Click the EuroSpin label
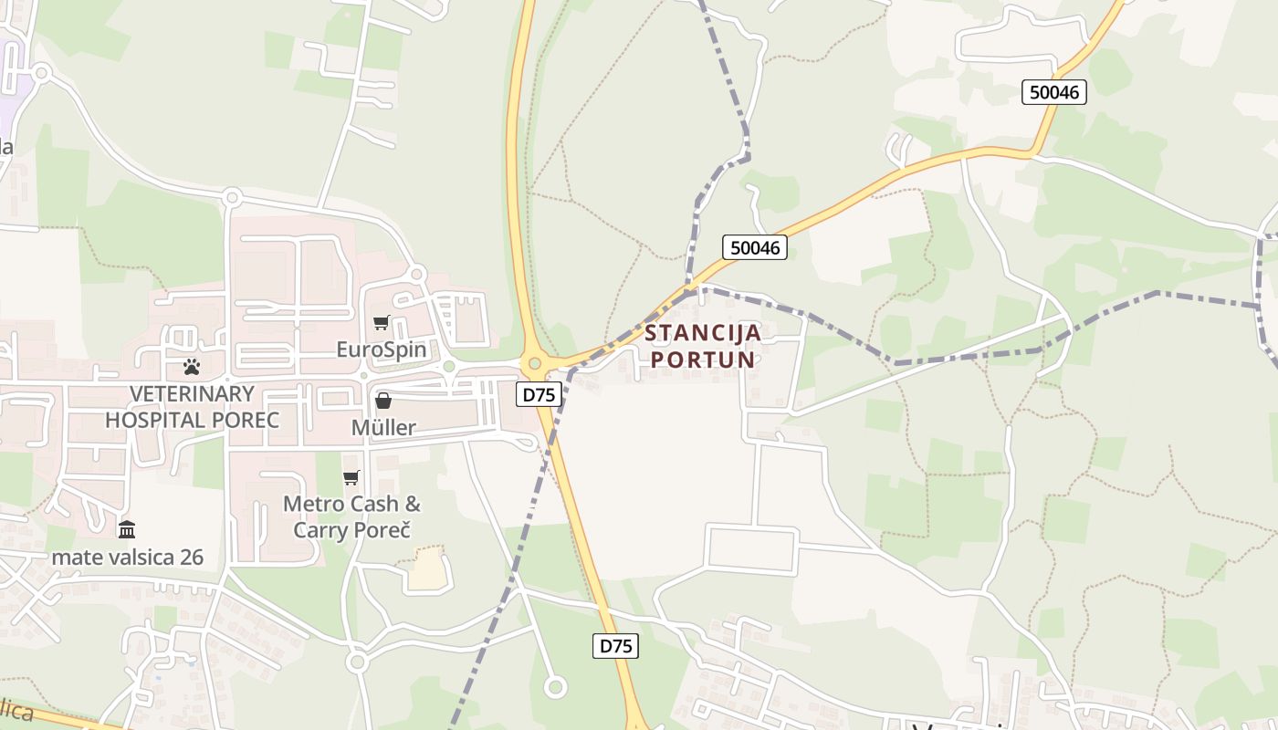381,349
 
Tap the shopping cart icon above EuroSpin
382,322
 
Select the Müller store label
383,427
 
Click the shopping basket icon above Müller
383,401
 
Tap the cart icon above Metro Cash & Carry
351,477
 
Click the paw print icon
192,367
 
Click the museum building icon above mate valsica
127,529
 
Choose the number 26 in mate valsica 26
188,557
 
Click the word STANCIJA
703,332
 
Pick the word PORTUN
703,359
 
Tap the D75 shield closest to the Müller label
539,394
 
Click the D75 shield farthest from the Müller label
615,646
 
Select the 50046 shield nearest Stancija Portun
755,247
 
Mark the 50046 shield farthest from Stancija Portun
1053,91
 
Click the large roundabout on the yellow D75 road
535,363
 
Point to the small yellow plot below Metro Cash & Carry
428,570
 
